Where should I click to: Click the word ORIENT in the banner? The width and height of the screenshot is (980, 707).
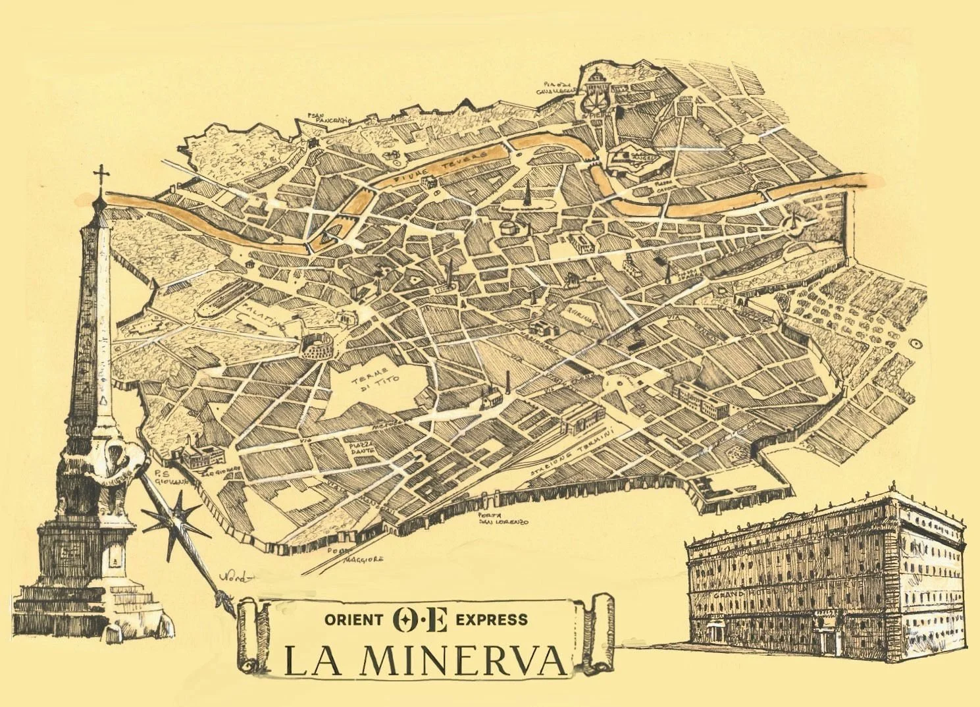click(353, 619)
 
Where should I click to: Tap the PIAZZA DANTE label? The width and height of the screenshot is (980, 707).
click(361, 449)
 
